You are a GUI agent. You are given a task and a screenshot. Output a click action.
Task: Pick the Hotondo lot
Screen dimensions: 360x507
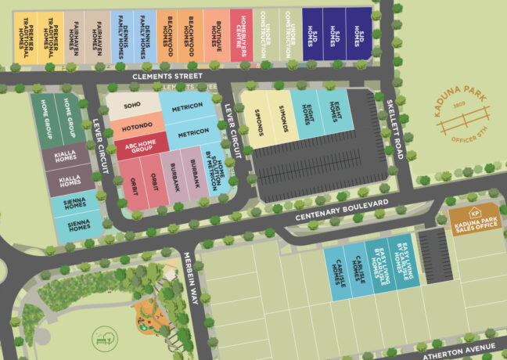(136, 125)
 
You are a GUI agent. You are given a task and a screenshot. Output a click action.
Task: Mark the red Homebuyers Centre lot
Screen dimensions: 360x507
(242, 35)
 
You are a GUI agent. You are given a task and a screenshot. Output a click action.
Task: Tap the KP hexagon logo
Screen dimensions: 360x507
(474, 211)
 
